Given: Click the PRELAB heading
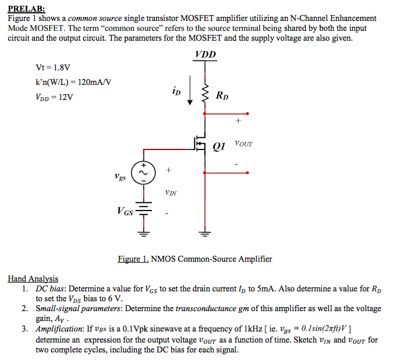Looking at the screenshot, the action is [26, 9].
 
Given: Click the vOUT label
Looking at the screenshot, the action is [243, 143].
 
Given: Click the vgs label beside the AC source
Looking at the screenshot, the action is [120, 175].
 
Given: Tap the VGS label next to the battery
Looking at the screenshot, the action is [127, 211].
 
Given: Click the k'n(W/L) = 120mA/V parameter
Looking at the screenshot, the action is [73, 83].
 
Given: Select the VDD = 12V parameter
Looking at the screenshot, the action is [54, 97].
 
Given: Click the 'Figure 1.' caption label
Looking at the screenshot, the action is [133, 259].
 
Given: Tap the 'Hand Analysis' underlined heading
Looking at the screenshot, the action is [33, 279].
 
